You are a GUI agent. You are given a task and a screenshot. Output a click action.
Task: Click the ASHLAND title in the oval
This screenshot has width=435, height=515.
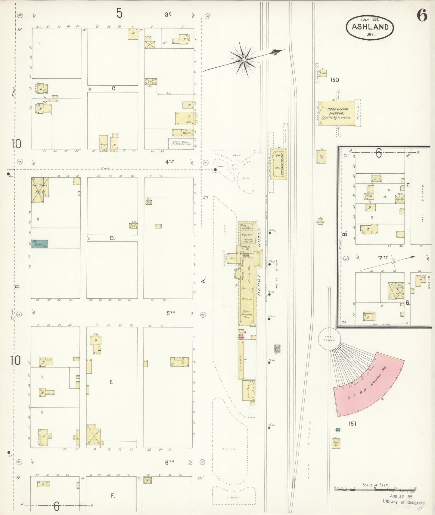pyautogui.click(x=370, y=27)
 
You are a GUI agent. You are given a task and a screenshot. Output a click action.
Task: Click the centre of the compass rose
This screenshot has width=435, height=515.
pyautogui.click(x=243, y=60)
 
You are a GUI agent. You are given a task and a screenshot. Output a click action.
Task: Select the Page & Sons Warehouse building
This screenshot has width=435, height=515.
pyautogui.click(x=337, y=114)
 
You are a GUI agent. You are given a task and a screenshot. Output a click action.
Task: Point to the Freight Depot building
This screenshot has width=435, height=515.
pyautogui.click(x=278, y=164)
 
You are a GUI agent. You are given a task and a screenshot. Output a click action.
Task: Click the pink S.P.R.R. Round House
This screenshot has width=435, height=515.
pyautogui.click(x=369, y=384)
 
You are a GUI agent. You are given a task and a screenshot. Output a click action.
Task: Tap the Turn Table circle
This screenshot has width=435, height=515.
pyautogui.click(x=329, y=339)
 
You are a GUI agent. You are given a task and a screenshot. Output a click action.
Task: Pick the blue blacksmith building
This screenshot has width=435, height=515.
pyautogui.click(x=39, y=244)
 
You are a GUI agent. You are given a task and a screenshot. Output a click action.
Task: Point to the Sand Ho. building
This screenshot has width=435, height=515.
pyautogui.click(x=336, y=443)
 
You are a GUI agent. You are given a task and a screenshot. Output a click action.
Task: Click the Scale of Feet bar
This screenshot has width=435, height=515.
pyautogui.click(x=374, y=489)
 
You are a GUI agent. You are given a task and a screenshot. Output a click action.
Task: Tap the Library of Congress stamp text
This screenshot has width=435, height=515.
pyautogui.click(x=403, y=502)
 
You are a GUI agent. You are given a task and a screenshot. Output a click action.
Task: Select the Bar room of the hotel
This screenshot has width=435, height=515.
pyautogui.click(x=232, y=258)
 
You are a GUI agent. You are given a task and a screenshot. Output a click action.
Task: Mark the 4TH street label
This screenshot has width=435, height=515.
pyautogui.click(x=169, y=162)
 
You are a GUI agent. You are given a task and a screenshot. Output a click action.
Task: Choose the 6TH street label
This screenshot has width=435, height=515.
pyautogui.click(x=169, y=463)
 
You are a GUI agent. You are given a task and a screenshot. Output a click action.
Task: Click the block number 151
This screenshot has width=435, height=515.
pyautogui.click(x=352, y=424)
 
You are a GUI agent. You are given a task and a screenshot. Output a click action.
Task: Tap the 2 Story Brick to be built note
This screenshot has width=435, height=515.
pyautogui.click(x=180, y=143)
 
